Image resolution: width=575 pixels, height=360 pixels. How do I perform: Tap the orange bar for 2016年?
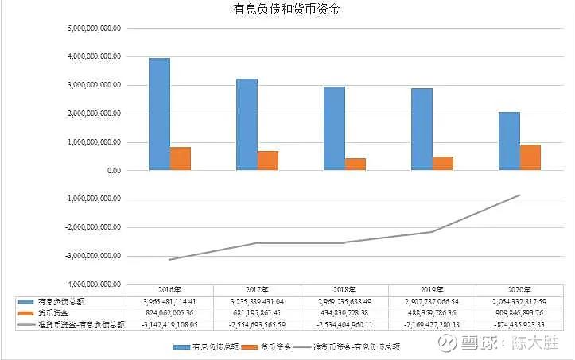(181, 158)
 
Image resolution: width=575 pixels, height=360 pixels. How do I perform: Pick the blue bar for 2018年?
(334, 128)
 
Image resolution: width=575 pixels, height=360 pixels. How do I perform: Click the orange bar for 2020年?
(530, 157)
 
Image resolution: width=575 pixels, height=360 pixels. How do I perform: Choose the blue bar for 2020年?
(509, 141)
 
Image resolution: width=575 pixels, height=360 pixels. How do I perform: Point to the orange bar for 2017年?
(268, 160)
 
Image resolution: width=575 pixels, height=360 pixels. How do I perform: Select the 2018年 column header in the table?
(344, 290)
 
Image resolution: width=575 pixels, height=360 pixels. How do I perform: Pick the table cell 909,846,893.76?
(519, 313)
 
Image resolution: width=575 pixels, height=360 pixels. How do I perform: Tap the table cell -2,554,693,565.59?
(257, 324)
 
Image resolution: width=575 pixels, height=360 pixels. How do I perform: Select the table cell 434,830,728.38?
(344, 313)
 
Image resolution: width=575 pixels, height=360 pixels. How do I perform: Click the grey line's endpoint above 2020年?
(519, 195)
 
